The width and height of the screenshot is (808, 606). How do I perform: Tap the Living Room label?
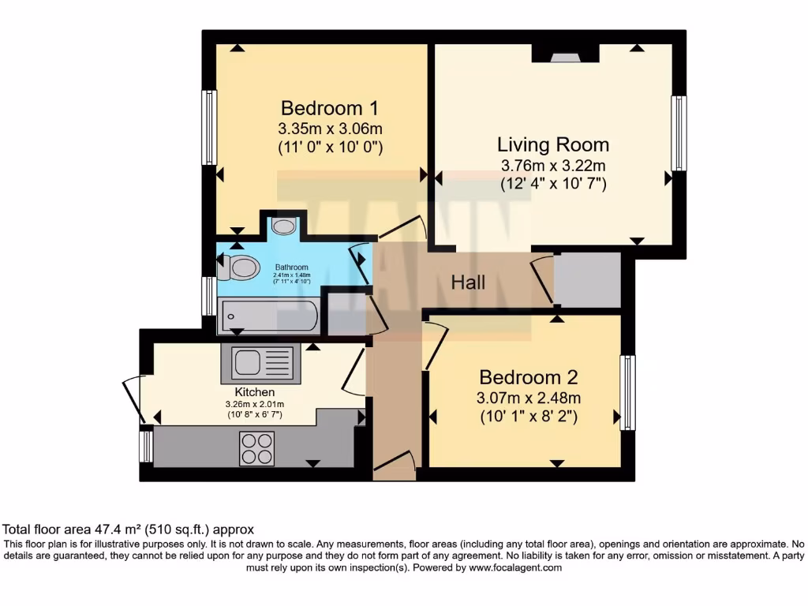552,144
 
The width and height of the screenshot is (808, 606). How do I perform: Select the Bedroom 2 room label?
529,376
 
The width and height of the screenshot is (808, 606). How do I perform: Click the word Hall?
468,282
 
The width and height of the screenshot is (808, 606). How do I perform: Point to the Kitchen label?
254,392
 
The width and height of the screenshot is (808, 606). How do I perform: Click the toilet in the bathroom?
239,269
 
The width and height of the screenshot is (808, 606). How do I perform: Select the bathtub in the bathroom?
268,316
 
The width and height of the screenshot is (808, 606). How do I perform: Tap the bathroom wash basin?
283,226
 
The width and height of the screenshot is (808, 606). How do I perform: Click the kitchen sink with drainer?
261,364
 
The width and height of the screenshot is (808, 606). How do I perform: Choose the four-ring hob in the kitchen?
256,449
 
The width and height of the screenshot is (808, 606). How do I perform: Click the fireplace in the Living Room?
564,54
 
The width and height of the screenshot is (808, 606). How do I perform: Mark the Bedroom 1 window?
209,127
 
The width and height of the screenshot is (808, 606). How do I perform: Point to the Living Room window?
679,133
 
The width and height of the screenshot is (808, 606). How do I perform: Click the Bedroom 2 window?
627,392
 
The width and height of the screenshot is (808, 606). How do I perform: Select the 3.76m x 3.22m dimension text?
552,166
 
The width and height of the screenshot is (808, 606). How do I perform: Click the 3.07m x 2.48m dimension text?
529,398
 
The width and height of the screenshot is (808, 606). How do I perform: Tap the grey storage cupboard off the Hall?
587,280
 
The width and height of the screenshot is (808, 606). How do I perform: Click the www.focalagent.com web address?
514,567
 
